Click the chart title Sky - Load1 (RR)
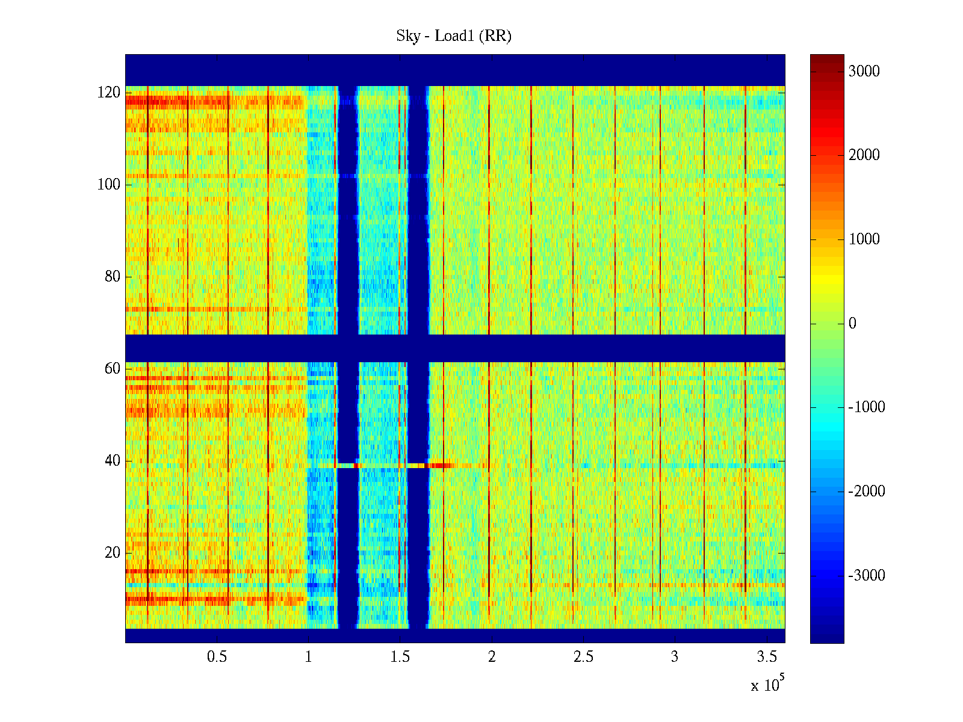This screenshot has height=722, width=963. tap(454, 36)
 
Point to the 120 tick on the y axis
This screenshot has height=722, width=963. tap(109, 93)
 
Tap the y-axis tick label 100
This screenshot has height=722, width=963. tap(109, 185)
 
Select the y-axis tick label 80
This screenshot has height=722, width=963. tap(113, 277)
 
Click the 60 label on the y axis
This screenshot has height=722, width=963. tap(113, 369)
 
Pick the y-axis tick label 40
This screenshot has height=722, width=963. tap(113, 461)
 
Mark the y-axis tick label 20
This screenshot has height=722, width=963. tap(113, 553)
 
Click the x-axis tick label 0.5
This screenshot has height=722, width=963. tap(217, 657)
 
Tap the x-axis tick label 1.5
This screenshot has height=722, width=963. tap(400, 657)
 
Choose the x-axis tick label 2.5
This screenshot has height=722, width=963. tap(583, 657)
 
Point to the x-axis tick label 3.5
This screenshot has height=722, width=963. tap(766, 657)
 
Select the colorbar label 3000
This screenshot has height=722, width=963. tap(864, 72)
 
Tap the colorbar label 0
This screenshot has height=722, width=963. tap(852, 324)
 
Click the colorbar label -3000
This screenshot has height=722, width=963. tap(867, 576)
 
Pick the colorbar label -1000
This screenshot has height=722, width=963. tap(867, 407)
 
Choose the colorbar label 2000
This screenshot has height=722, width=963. tap(864, 155)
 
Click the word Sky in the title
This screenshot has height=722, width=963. tap(407, 36)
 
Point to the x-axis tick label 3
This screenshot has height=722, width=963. tap(675, 657)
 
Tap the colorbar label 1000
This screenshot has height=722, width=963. tap(864, 239)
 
